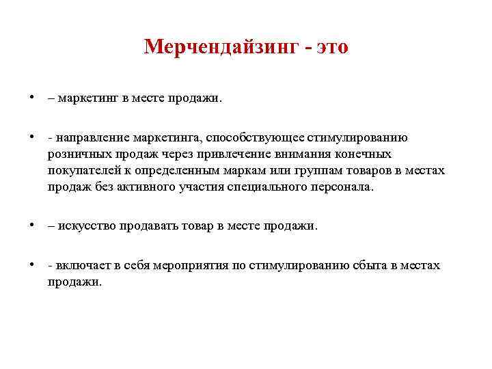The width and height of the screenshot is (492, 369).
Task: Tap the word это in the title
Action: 330,47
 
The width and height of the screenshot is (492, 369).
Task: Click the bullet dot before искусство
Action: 33,225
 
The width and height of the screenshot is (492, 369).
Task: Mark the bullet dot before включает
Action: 33,264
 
